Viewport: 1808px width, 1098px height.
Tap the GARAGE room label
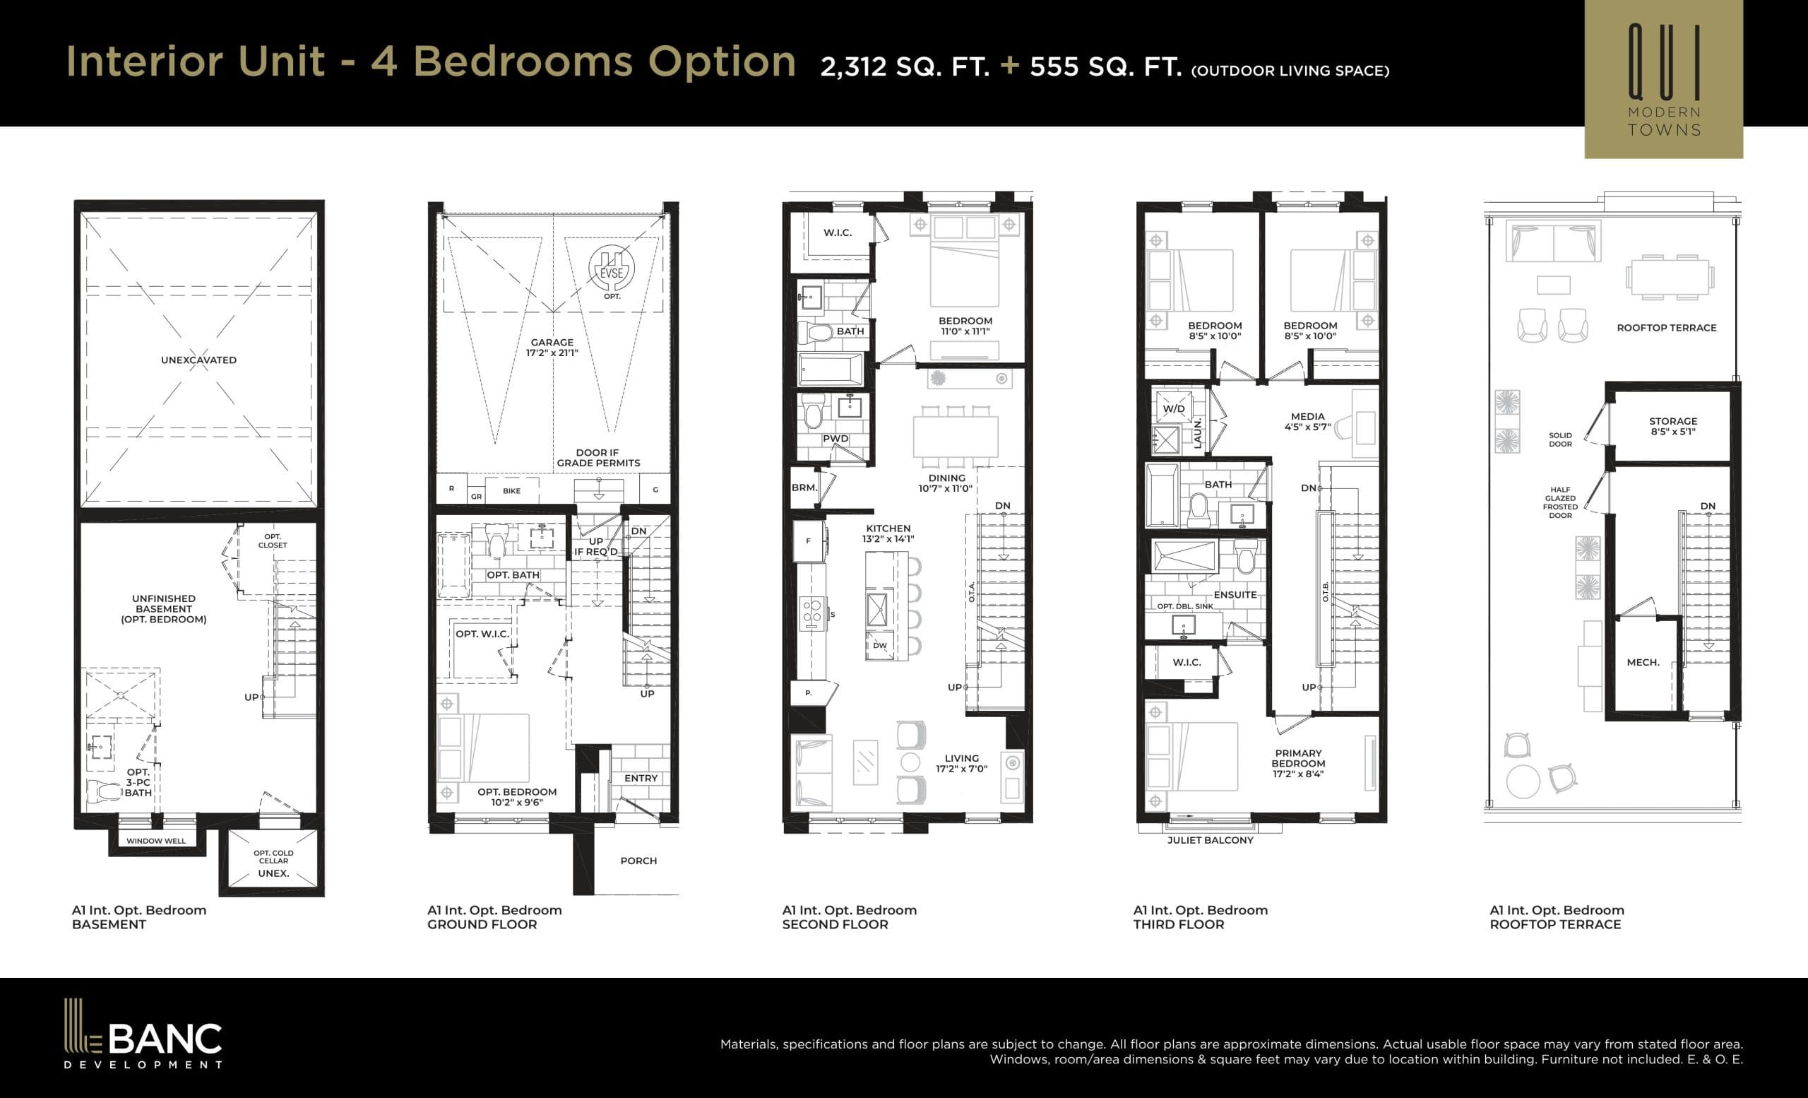[x=552, y=343]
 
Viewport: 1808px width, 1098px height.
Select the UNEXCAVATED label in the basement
[x=198, y=360]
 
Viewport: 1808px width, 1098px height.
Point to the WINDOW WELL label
[x=155, y=841]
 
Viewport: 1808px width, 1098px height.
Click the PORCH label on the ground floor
[x=638, y=861]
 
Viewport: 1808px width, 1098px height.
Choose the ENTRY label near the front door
[x=641, y=778]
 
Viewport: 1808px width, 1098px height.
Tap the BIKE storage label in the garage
[x=511, y=491]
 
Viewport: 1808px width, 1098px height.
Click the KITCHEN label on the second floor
[x=888, y=529]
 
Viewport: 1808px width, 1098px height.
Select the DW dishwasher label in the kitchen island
[x=880, y=646]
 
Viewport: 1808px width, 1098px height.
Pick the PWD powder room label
[x=835, y=439]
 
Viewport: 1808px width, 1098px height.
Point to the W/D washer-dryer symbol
[x=1173, y=409]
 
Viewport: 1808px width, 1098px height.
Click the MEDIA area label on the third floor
[x=1307, y=416]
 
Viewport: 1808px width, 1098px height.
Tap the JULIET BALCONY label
[x=1210, y=840]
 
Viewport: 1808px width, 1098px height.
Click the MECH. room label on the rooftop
[x=1643, y=663]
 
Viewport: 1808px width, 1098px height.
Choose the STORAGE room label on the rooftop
[x=1673, y=421]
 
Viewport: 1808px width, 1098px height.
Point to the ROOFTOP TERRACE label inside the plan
[x=1666, y=328]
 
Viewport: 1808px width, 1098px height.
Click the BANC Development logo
[x=143, y=1035]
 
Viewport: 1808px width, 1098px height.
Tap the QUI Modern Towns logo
[x=1663, y=79]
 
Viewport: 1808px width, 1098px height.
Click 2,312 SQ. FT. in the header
[x=905, y=68]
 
